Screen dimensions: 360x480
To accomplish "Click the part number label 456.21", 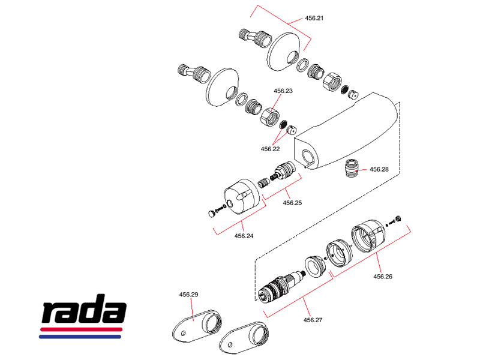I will (314, 19).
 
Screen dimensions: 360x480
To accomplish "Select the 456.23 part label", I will (283, 91).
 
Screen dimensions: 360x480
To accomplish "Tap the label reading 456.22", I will (270, 149).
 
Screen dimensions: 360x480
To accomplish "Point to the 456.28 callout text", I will (379, 170).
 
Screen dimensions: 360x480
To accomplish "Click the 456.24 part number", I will (244, 236).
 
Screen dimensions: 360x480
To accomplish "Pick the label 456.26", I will (383, 277).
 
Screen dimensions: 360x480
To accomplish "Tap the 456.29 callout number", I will (189, 295).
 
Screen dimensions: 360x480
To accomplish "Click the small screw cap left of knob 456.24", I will (211, 212).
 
